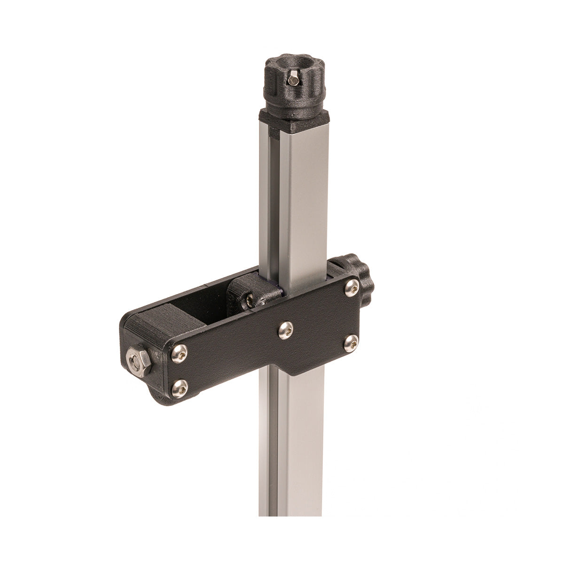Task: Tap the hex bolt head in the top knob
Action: pyautogui.click(x=293, y=81)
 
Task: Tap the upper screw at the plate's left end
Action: pyautogui.click(x=178, y=353)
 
